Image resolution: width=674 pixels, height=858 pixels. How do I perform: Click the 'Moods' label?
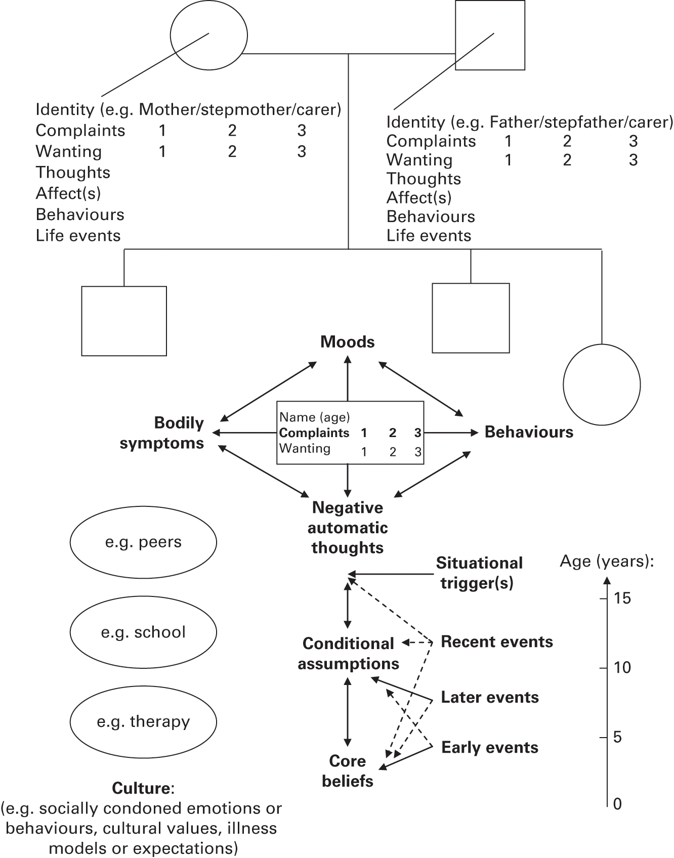tap(348, 342)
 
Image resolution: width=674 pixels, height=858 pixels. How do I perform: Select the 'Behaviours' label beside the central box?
tap(529, 432)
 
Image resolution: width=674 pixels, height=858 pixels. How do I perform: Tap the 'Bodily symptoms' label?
tap(162, 433)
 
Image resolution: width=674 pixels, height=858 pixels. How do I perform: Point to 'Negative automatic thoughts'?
tap(348, 528)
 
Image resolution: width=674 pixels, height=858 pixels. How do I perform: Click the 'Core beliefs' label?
tap(348, 771)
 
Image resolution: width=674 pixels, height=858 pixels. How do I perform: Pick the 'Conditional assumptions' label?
tap(348, 654)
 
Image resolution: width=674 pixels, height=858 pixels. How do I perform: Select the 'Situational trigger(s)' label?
tap(479, 573)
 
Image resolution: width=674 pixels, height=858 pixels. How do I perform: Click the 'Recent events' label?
tap(497, 642)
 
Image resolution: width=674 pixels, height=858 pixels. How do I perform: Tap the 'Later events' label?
tap(490, 698)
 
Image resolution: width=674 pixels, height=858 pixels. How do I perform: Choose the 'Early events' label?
tap(490, 748)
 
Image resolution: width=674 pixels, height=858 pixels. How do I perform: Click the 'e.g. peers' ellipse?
tap(143, 542)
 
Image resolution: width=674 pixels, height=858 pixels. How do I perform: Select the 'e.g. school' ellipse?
tap(143, 632)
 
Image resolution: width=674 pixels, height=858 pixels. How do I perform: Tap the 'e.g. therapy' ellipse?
tap(143, 721)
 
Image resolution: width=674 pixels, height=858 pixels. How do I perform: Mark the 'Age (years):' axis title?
tap(607, 562)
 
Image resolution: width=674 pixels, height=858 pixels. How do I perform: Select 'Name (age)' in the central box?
tap(314, 417)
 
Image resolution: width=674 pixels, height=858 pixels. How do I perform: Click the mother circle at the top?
tap(208, 35)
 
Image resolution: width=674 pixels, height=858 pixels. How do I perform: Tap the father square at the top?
tap(490, 35)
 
